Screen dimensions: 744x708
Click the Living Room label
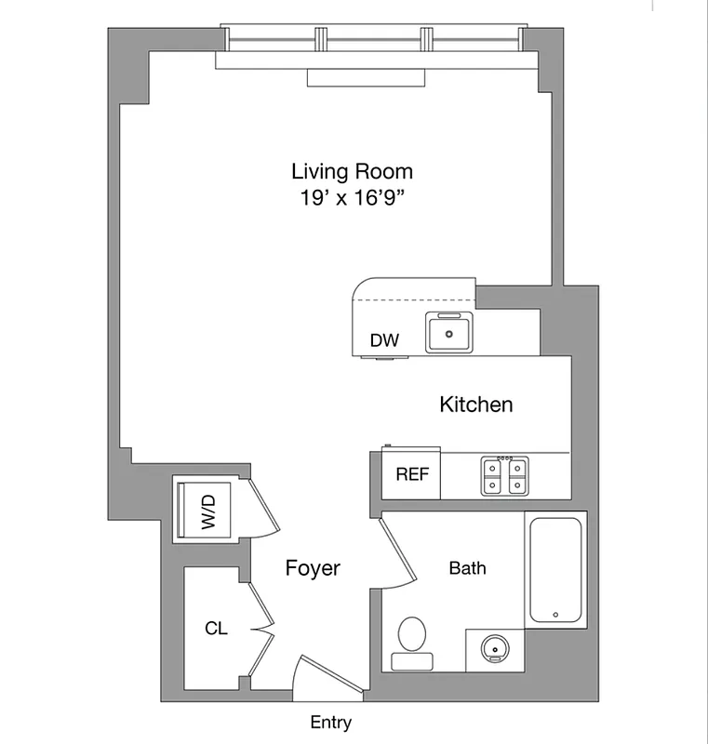tap(352, 172)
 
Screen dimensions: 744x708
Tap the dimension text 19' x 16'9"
tap(352, 198)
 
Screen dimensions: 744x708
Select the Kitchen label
tap(475, 405)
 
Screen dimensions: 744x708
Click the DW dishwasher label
tap(384, 341)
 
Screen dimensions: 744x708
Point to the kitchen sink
tap(450, 333)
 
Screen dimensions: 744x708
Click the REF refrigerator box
tap(411, 475)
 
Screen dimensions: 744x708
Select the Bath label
tap(467, 568)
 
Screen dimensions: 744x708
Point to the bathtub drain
tap(555, 615)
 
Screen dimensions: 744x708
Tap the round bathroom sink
tap(493, 647)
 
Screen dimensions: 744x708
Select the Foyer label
tap(313, 568)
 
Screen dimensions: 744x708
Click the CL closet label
tap(216, 629)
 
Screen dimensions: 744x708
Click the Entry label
tap(331, 723)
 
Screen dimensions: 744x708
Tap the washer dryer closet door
tap(261, 509)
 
